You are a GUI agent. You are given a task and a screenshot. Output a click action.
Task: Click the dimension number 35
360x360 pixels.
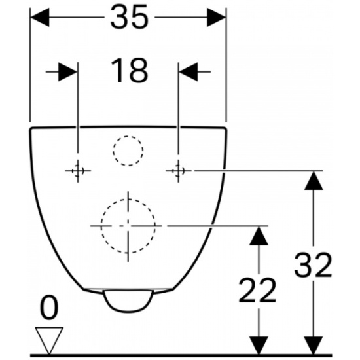click(130, 17)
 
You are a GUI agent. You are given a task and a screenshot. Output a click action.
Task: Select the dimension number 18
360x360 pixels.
click(129, 70)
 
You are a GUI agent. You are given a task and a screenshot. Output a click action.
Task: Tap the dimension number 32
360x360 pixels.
click(313, 264)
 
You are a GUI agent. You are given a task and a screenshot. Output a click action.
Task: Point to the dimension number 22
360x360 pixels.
click(257, 290)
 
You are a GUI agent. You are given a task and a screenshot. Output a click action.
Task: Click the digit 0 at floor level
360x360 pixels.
click(49, 307)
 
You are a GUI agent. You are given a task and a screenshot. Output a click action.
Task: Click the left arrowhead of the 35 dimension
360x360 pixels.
click(40, 17)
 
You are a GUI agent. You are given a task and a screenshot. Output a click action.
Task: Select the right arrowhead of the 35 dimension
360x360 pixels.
click(216, 17)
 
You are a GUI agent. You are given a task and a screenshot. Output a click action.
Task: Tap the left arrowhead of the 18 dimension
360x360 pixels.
click(68, 72)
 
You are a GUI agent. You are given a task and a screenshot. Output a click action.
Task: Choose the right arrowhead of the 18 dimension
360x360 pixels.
click(189, 72)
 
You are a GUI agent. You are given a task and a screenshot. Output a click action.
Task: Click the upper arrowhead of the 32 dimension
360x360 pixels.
click(314, 181)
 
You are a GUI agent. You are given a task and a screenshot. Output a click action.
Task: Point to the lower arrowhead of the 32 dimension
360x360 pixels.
click(314, 346)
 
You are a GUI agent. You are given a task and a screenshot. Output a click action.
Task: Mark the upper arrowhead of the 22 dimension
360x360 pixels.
click(259, 236)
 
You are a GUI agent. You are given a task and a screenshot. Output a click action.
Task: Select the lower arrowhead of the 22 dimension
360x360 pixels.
click(259, 346)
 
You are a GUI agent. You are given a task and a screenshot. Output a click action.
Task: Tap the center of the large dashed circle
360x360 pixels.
click(128, 226)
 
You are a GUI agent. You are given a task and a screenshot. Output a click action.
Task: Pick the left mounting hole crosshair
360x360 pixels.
click(78, 171)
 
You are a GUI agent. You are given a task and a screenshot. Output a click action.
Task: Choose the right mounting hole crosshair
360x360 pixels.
click(179, 171)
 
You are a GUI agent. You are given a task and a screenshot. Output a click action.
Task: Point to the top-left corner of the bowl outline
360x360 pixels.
click(31, 128)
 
